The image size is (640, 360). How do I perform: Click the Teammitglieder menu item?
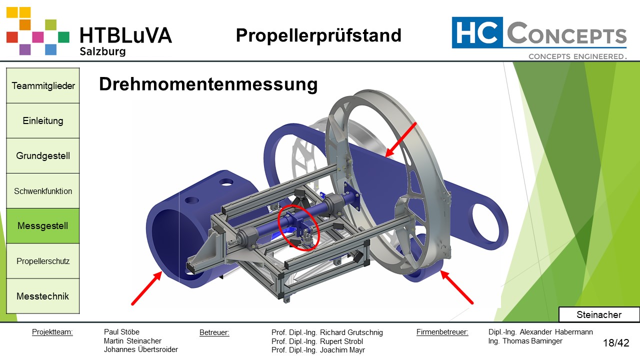click(x=43, y=85)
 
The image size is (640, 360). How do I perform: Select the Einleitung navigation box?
click(x=43, y=120)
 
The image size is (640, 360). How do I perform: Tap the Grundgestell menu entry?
click(x=43, y=155)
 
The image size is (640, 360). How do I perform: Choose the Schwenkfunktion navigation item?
click(x=43, y=191)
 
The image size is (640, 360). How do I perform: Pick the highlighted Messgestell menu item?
click(x=43, y=226)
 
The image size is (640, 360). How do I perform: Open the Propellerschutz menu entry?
click(x=43, y=261)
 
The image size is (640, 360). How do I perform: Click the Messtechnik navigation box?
click(x=43, y=296)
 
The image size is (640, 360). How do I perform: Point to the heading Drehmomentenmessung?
click(x=208, y=84)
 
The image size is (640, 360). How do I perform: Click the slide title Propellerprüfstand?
click(x=318, y=35)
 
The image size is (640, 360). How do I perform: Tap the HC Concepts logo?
click(x=539, y=37)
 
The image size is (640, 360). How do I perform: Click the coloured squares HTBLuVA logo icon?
click(x=37, y=31)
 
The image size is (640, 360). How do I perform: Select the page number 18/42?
click(x=616, y=343)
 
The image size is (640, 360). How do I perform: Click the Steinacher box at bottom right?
click(x=598, y=314)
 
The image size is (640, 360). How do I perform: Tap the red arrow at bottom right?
click(x=457, y=287)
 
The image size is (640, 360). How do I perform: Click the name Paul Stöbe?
click(x=121, y=332)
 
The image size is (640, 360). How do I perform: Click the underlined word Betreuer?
click(x=214, y=332)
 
